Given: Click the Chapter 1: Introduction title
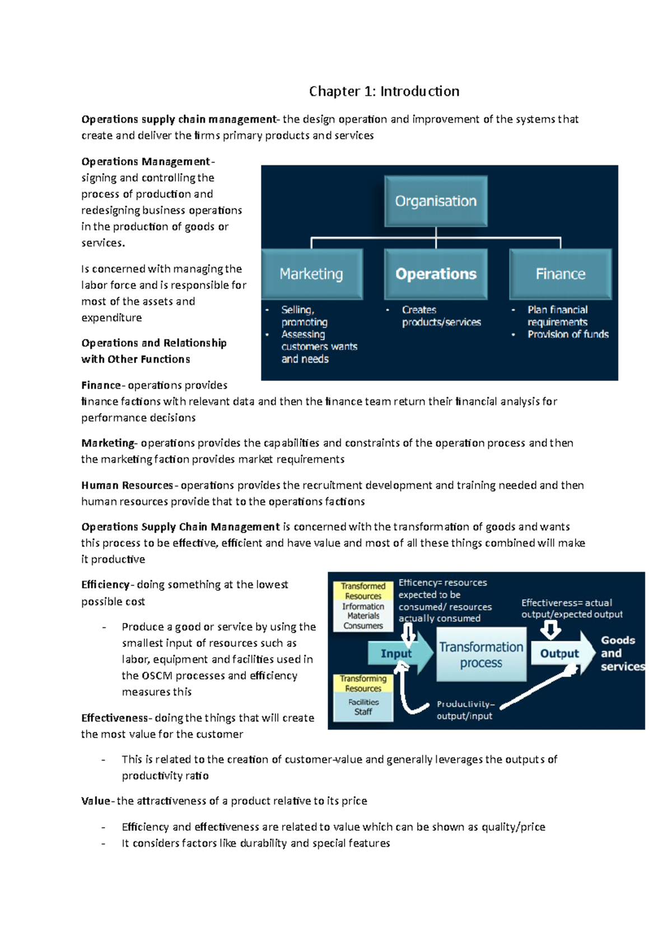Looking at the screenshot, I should click(x=384, y=91).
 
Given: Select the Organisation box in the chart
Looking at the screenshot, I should click(x=436, y=201).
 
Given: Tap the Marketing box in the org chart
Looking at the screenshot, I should click(x=311, y=274).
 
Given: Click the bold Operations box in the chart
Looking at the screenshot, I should click(x=436, y=274).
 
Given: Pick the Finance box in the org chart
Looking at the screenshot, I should click(x=560, y=274).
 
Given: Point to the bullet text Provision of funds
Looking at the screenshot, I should click(x=567, y=334).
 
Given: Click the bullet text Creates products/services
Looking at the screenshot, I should click(x=441, y=316).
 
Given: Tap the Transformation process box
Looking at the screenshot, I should click(x=481, y=655).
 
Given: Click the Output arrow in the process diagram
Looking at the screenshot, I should click(x=560, y=654).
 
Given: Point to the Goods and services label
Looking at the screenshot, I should click(x=619, y=653).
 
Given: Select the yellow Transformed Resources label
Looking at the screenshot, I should click(x=363, y=591).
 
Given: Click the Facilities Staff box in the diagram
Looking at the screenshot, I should click(x=363, y=707).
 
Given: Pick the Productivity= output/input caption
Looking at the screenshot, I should click(x=465, y=710).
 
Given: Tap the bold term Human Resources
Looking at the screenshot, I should click(x=127, y=485).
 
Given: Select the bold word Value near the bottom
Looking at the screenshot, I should click(x=96, y=801).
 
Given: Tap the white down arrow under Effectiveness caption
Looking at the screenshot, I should click(x=550, y=631).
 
